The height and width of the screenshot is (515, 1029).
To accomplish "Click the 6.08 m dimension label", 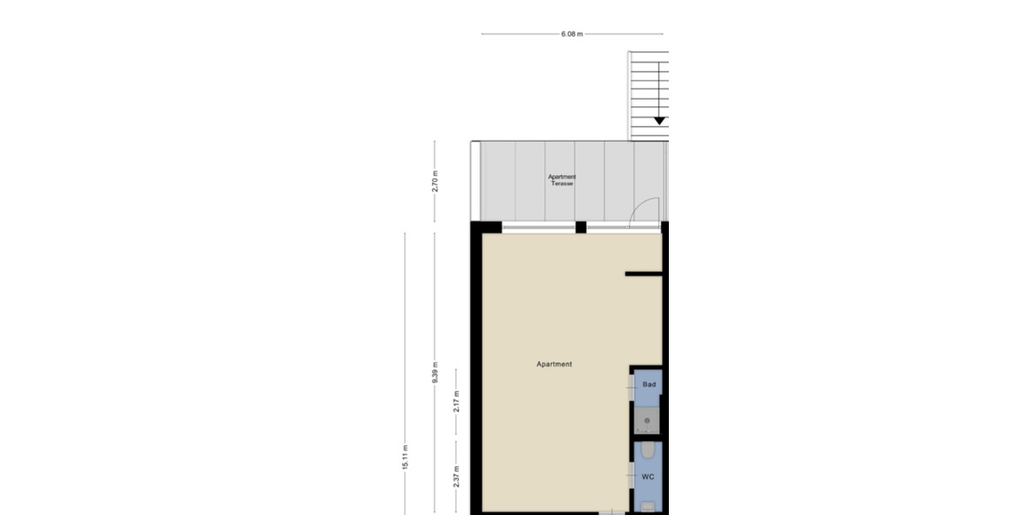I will click(572, 34).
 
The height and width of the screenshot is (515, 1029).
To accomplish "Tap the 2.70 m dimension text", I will click(435, 181).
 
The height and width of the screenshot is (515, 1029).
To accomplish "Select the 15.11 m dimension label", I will click(405, 457).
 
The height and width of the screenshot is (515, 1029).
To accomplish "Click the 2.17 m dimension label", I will click(456, 400).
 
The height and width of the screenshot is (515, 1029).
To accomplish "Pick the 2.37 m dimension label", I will click(456, 476).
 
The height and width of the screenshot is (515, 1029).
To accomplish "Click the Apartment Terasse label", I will click(562, 180).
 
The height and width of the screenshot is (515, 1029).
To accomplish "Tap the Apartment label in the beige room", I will click(554, 364).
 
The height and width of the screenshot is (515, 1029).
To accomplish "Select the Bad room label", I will click(649, 385).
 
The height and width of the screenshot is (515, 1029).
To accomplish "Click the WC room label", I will click(648, 476).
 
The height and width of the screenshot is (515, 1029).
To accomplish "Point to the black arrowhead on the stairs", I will click(659, 121).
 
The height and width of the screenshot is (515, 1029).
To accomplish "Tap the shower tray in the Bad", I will click(648, 418).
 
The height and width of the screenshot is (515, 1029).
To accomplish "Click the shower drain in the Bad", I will click(648, 421).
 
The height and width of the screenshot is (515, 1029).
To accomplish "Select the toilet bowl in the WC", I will click(648, 451).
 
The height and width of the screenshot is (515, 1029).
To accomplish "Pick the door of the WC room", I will click(632, 476).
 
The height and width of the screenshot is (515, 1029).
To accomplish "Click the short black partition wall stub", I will click(643, 274).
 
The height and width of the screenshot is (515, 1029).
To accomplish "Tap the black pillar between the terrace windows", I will click(581, 227).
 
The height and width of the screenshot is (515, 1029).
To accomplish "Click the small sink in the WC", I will click(647, 506).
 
